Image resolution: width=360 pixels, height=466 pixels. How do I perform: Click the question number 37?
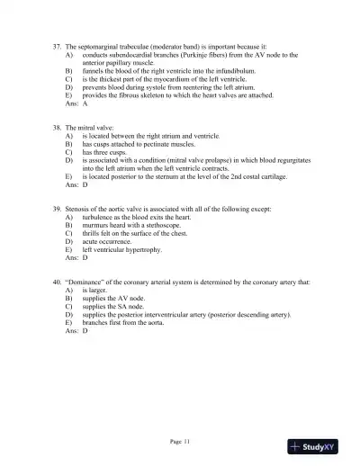[x=58, y=45]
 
